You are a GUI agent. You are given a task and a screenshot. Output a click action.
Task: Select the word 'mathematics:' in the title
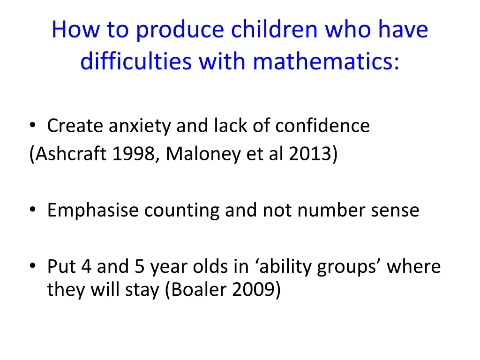point(327,62)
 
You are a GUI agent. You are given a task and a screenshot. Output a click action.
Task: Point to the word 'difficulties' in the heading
point(135,62)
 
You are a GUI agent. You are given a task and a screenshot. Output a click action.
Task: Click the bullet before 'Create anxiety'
point(32,126)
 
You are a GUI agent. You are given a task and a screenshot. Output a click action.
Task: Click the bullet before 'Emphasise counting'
point(32,210)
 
